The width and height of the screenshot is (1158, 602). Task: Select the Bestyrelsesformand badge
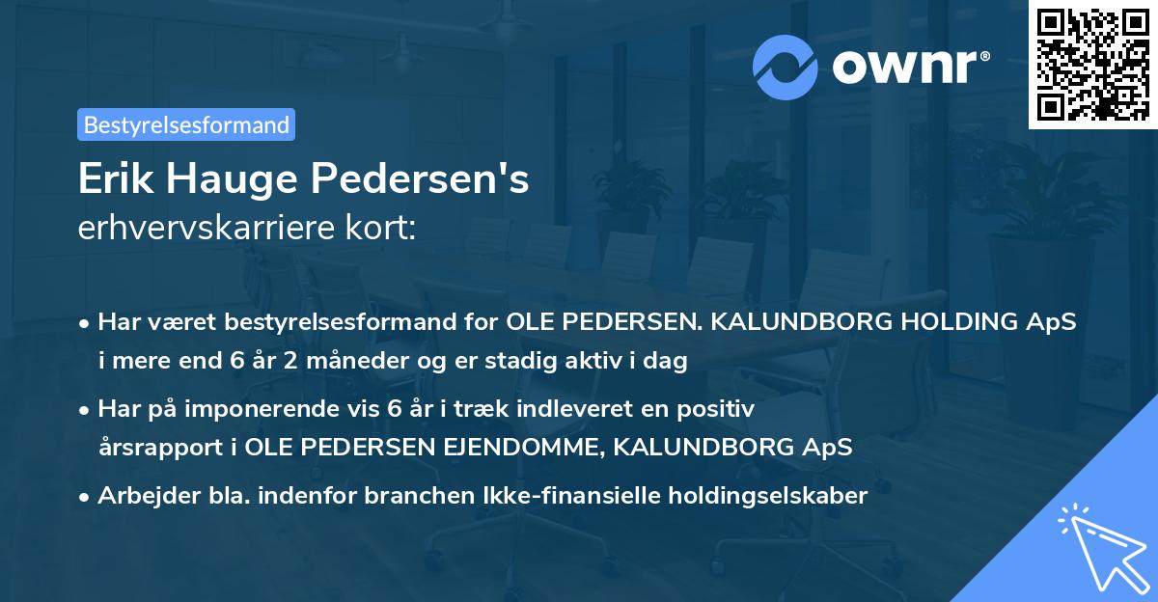[186, 124]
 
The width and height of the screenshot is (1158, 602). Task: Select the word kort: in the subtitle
[384, 230]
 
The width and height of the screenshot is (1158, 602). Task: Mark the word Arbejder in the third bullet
[142, 496]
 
